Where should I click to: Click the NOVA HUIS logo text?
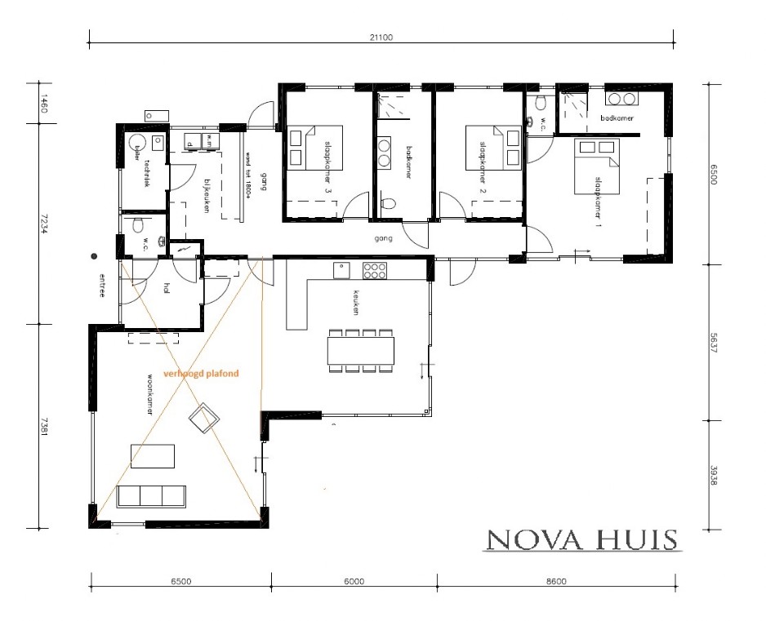581,540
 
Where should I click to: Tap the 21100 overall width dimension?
381,37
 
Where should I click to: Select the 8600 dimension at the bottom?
556,582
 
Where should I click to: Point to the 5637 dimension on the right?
714,343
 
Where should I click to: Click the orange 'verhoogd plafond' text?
201,373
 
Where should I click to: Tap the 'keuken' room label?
356,301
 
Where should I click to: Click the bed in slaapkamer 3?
314,148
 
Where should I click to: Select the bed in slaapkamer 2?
492,148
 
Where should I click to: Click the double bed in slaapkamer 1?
597,163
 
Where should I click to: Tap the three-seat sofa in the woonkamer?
152,495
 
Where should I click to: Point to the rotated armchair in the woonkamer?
203,418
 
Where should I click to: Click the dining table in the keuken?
361,351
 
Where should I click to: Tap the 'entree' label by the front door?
102,285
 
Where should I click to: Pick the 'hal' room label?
167,286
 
